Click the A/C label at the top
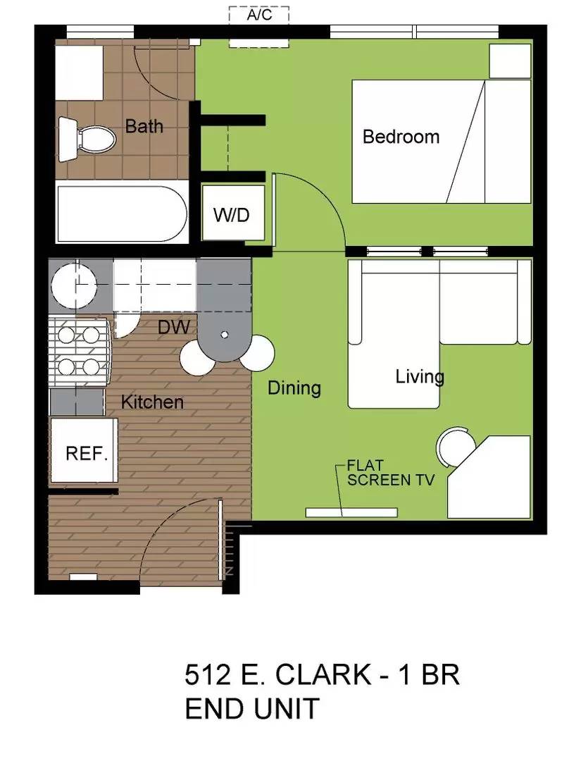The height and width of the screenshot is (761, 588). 259,16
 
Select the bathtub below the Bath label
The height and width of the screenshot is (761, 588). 121,213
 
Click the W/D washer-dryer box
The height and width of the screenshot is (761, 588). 232,214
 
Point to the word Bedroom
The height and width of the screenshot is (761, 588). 401,136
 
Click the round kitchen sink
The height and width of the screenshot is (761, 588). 74,285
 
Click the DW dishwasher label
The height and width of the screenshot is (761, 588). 173,327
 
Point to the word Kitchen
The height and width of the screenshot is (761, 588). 152,402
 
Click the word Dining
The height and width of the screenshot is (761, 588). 294,387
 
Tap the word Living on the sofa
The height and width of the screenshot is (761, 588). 420,376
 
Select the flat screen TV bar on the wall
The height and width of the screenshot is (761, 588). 351,512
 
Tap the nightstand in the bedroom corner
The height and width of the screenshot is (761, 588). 510,62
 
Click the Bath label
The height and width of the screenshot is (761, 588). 144,126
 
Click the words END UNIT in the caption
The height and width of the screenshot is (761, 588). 252,708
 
